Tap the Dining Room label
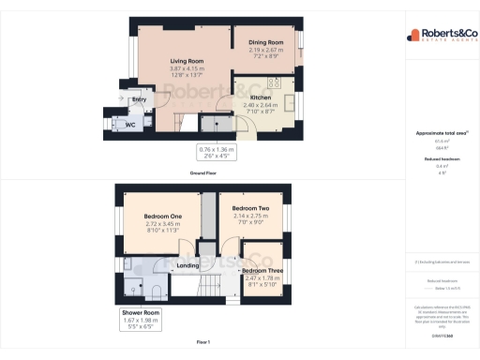pos(265,42)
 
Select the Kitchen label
pos(261,97)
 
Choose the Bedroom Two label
pos(250,207)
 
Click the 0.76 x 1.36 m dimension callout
pos(217,153)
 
